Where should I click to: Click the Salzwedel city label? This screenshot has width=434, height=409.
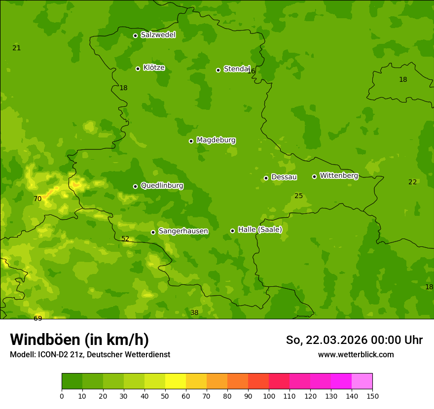tap(158, 35)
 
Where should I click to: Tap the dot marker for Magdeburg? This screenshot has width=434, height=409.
tap(191, 141)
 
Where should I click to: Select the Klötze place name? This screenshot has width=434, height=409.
tap(154, 68)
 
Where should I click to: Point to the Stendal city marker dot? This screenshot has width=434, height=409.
tap(218, 70)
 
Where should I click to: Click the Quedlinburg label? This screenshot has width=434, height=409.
tap(162, 186)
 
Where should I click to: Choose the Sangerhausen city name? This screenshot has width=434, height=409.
tap(183, 231)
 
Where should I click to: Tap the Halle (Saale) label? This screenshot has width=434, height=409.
tap(260, 230)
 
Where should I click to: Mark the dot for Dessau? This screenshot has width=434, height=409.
tap(266, 178)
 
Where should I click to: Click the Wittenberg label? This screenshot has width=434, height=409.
tap(339, 175)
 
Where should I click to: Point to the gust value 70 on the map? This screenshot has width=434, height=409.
tap(37, 199)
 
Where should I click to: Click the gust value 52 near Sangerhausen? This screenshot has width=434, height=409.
tap(125, 239)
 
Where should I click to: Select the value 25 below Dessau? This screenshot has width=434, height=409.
tap(298, 196)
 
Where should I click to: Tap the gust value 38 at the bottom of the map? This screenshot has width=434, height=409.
tap(194, 313)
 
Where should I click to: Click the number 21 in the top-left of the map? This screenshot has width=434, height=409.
tap(17, 48)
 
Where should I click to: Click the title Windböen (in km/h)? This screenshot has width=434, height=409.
tap(79, 340)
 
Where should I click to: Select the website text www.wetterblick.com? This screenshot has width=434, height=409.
tap(356, 355)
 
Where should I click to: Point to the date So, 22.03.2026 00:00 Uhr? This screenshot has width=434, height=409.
tap(354, 340)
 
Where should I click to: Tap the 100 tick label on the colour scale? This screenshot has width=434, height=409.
tap(269, 396)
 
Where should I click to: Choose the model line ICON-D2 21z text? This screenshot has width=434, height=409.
tap(90, 355)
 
